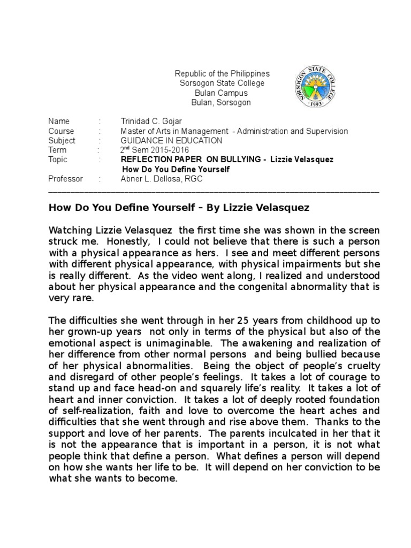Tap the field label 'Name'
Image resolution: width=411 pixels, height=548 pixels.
coord(59,121)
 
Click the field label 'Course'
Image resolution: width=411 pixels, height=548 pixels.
coord(61,131)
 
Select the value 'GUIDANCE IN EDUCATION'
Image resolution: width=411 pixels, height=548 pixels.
coord(164,141)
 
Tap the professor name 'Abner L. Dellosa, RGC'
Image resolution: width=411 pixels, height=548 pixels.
coord(162,179)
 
